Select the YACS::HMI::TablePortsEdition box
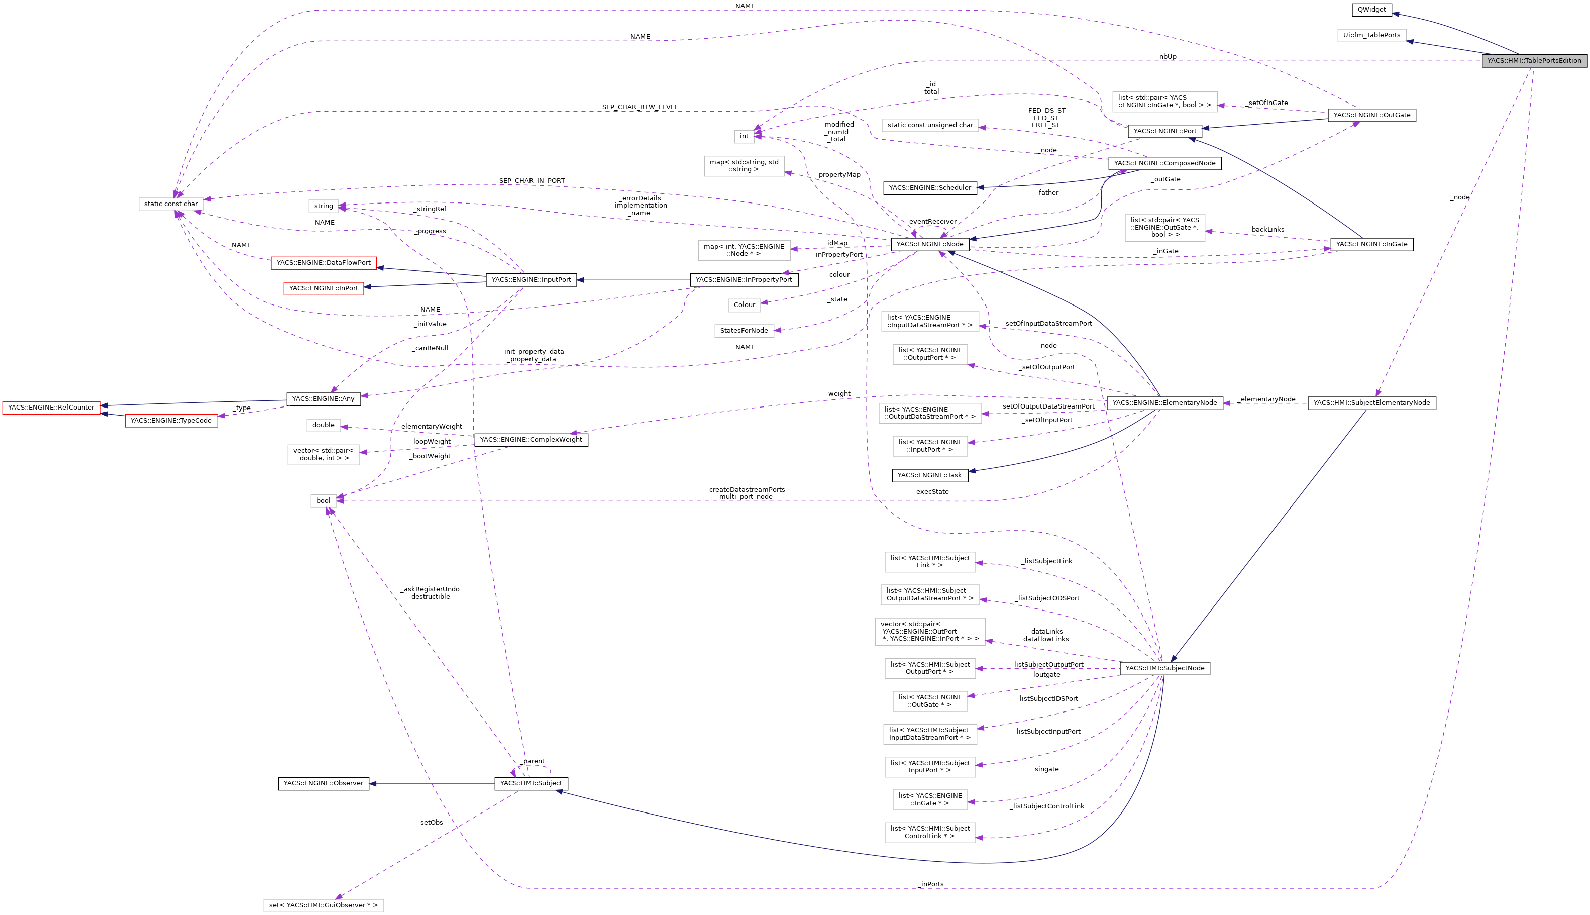click(x=1533, y=61)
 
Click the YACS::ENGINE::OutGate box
click(x=1371, y=115)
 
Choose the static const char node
click(x=171, y=204)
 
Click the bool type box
click(x=323, y=501)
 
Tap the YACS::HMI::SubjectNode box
click(x=1164, y=668)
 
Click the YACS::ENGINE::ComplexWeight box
click(x=531, y=440)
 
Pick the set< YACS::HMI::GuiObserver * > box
click(x=323, y=905)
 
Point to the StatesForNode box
click(x=744, y=331)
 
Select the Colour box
click(x=744, y=305)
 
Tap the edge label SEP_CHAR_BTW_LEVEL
click(x=640, y=107)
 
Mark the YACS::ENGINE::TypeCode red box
click(x=171, y=421)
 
